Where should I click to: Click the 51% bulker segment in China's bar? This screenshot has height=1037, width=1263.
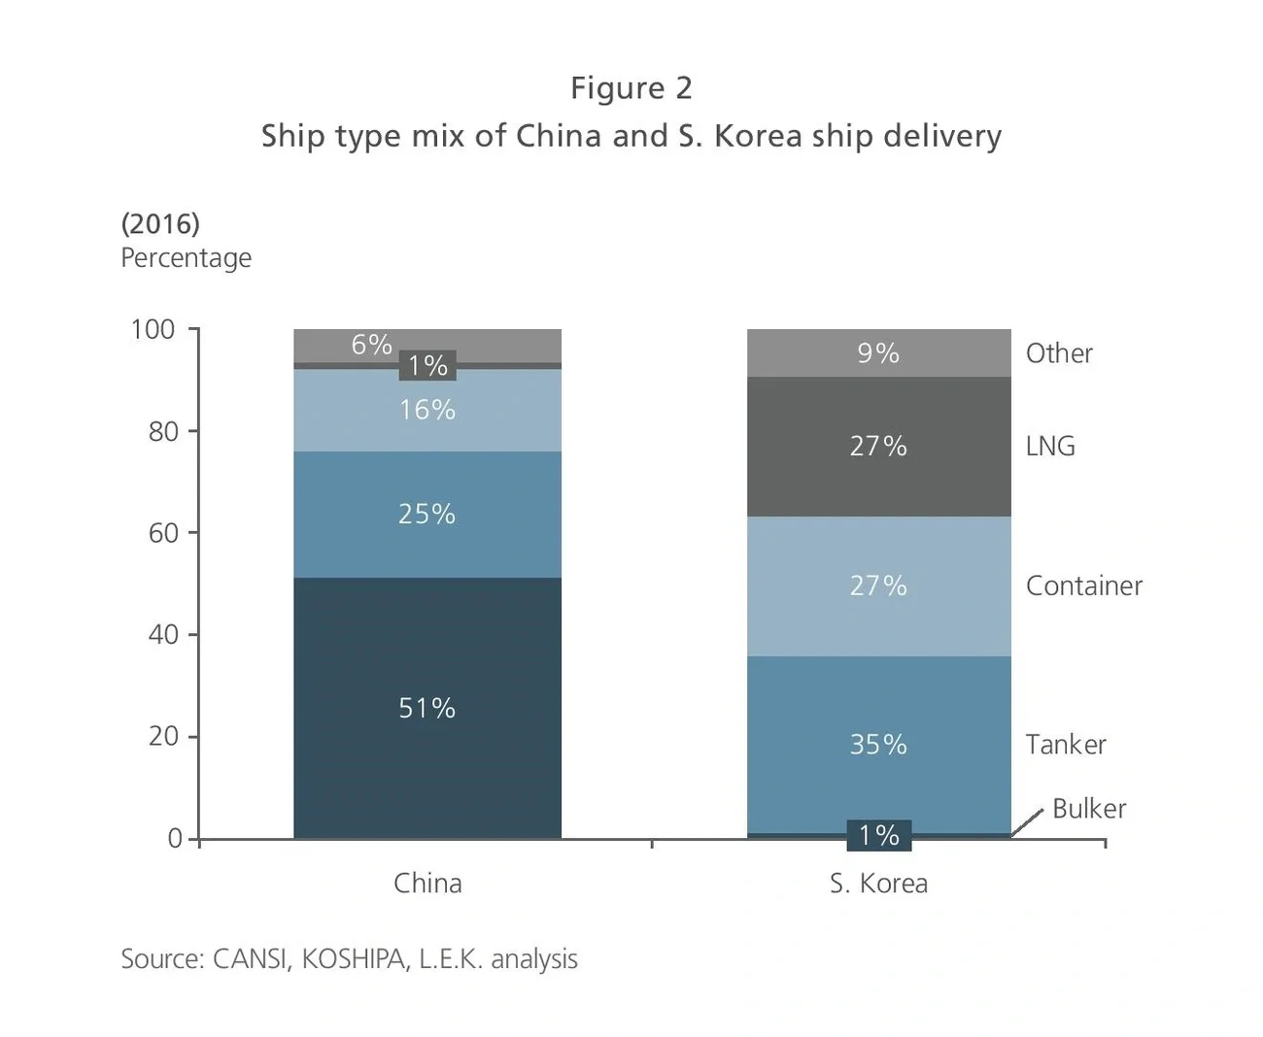[427, 708]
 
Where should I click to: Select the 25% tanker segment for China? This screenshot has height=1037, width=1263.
[427, 514]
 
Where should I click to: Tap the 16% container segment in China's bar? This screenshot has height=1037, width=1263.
[427, 410]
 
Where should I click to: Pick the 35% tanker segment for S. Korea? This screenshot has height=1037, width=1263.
[878, 744]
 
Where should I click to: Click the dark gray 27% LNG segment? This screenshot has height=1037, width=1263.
[878, 446]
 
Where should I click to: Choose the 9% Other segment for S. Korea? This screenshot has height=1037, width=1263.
[878, 352]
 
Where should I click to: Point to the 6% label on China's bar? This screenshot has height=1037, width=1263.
[371, 345]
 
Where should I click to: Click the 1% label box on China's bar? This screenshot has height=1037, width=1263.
[427, 365]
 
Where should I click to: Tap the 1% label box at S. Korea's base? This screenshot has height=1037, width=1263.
[878, 835]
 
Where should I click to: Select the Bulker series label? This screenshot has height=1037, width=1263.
[1088, 809]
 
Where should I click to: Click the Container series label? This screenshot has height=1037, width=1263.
[1083, 585]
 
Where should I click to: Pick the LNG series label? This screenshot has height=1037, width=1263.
[1050, 446]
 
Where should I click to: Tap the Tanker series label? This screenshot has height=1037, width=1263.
[1065, 744]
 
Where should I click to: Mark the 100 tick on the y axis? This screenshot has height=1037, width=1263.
[153, 329]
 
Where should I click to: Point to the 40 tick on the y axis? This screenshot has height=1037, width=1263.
[163, 634]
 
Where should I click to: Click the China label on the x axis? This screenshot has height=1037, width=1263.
[427, 883]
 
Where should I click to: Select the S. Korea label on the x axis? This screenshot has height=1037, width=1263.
[878, 883]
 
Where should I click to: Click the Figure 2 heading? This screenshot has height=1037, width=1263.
[631, 87]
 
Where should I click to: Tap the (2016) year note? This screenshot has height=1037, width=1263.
[160, 223]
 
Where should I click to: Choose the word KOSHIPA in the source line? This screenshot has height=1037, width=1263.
[353, 958]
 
